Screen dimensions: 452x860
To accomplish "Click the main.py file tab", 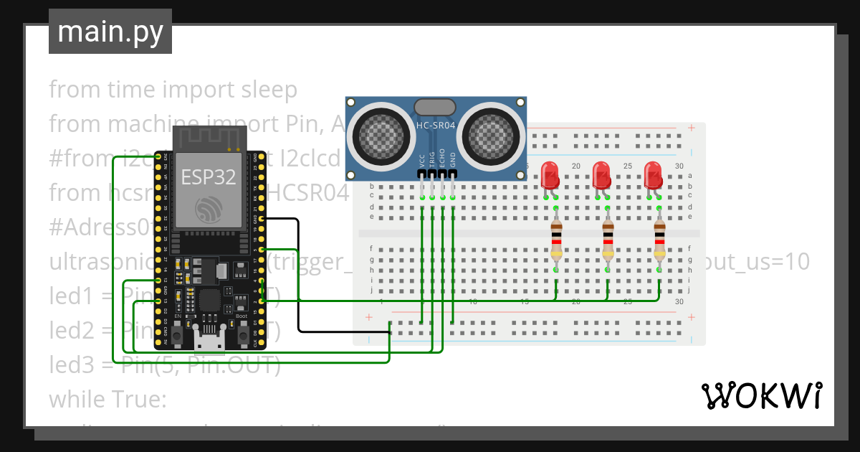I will click(110, 32).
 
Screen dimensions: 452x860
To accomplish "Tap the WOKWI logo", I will click(760, 395).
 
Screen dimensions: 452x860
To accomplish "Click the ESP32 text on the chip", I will click(209, 177).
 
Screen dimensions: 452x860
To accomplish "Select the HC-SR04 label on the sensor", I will click(436, 126).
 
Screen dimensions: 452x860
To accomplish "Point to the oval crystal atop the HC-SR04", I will click(434, 107).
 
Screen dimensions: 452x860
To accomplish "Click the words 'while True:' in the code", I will click(107, 399).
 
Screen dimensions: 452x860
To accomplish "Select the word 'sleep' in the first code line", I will click(269, 90).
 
